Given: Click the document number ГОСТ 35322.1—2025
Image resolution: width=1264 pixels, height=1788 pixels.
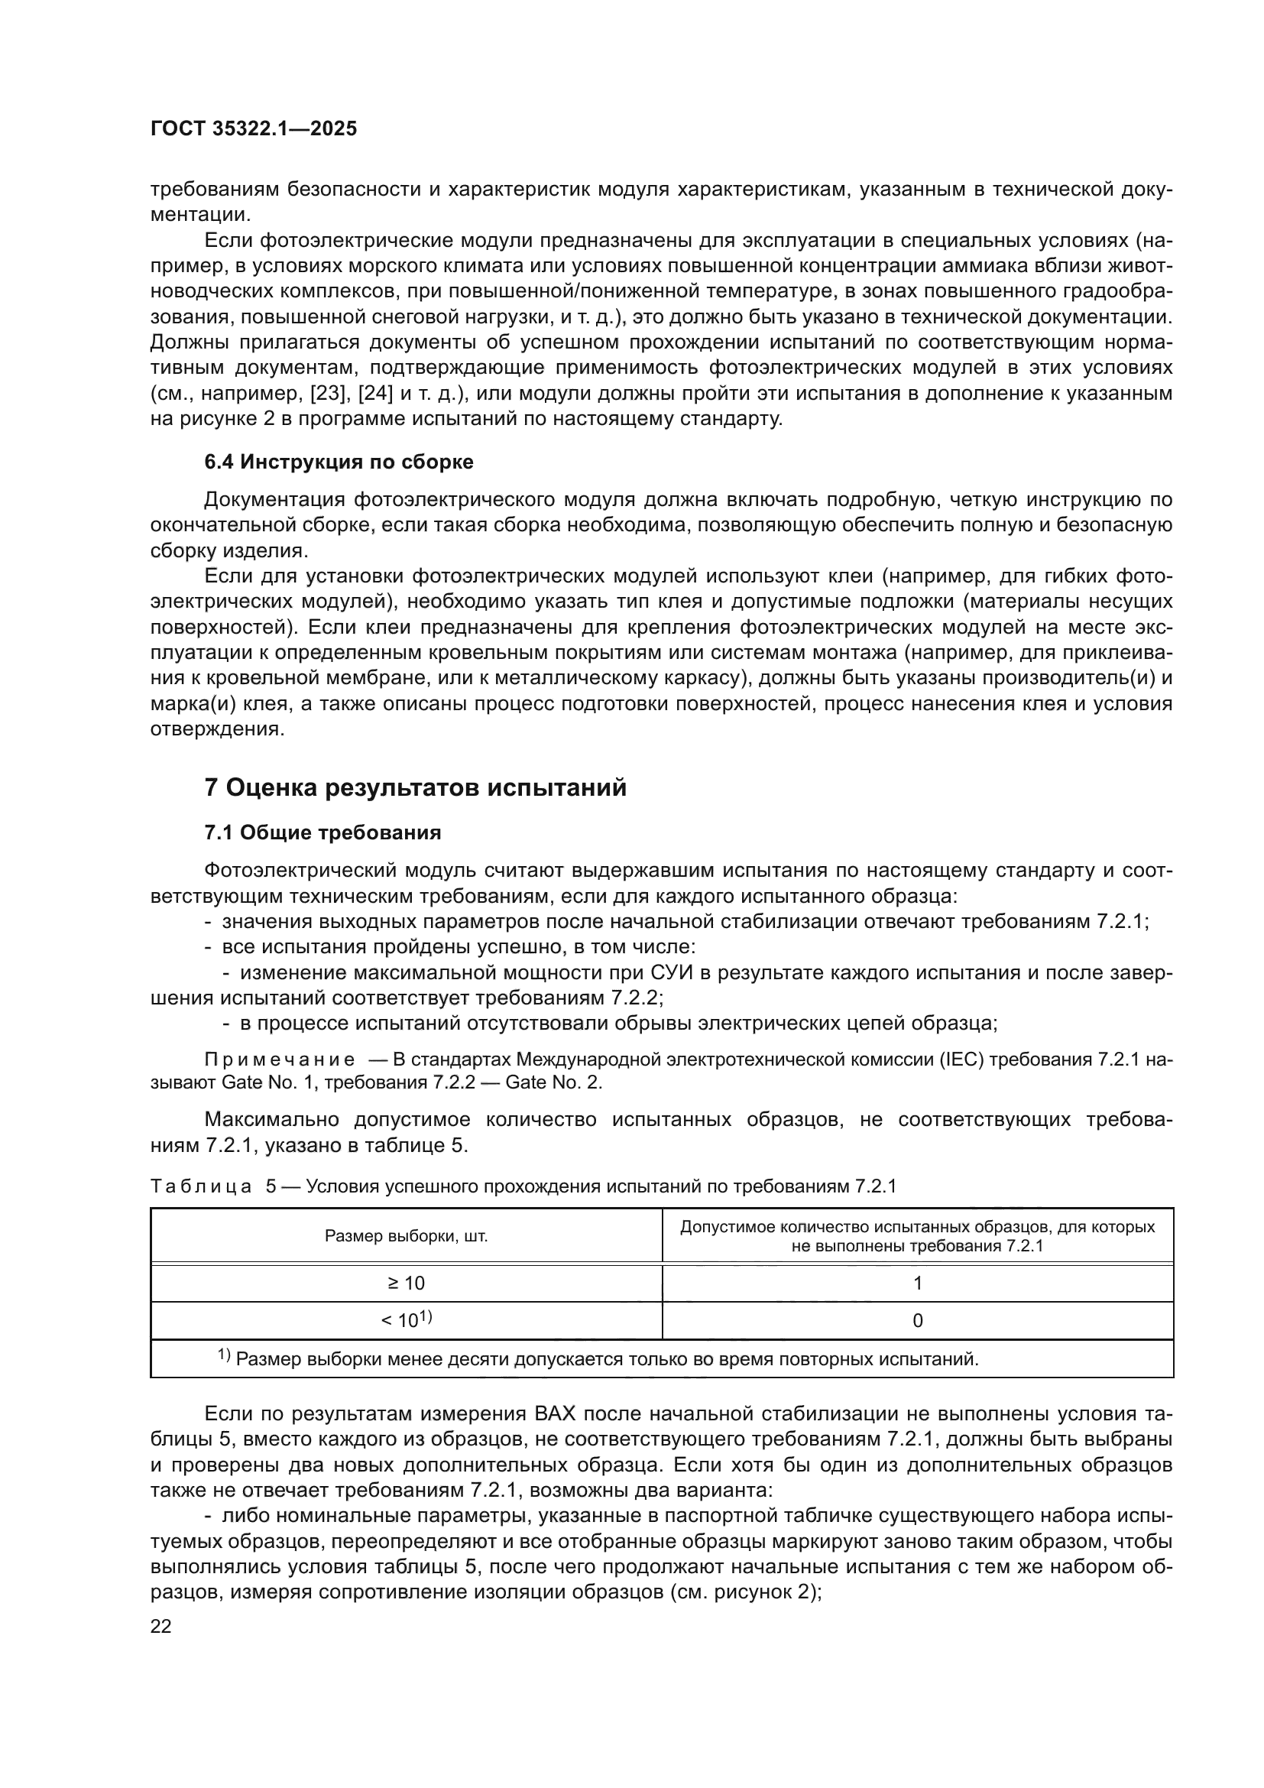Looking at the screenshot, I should click(254, 129).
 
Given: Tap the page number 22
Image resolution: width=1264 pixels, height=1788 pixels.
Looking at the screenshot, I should click(161, 1626).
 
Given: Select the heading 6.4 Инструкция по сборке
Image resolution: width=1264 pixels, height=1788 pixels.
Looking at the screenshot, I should click(339, 462).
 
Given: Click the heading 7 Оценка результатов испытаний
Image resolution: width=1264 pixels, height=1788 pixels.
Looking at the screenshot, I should click(415, 788).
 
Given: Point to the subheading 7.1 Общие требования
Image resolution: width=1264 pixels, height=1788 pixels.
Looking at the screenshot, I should click(322, 833).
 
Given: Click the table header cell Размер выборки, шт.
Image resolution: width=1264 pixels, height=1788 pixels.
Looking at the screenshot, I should click(407, 1236).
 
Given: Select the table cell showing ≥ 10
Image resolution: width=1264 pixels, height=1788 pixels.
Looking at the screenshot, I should click(407, 1283).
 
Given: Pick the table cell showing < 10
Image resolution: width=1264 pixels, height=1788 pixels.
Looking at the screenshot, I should click(407, 1320).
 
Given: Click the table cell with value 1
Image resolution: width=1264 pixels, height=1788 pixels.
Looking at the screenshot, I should click(918, 1283).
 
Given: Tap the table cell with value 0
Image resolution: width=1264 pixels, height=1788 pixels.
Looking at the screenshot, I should click(918, 1321).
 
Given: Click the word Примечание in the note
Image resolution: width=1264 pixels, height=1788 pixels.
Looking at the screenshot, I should click(280, 1059).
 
